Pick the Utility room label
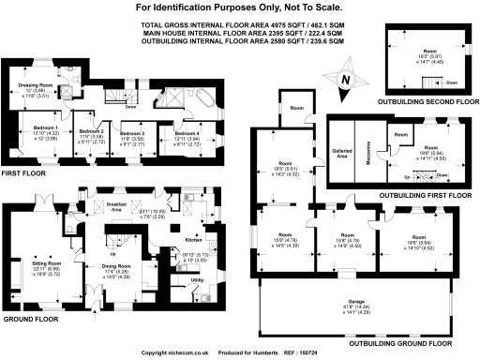click(x=197, y=279)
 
